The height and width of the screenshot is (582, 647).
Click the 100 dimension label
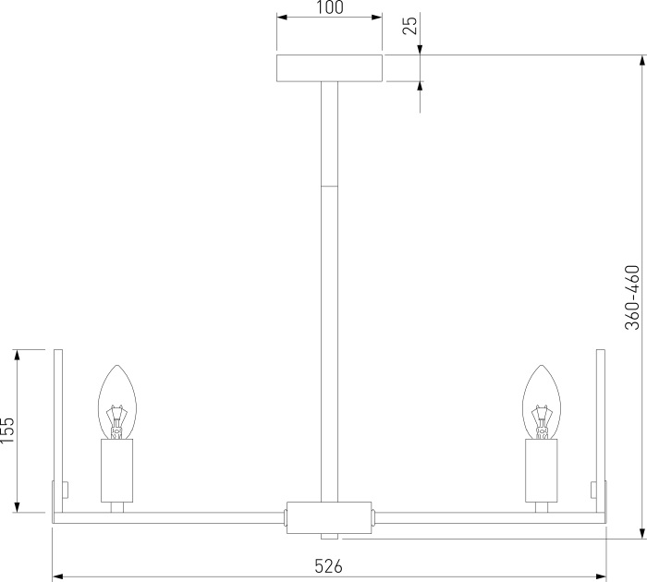[330, 7]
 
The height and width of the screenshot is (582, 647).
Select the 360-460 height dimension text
[631, 297]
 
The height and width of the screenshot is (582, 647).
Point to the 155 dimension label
[7, 430]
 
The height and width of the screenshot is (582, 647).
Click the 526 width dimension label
[328, 566]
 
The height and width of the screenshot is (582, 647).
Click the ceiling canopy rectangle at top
[330, 68]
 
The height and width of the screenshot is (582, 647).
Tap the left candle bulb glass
[116, 402]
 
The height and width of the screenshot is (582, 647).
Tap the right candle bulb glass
[542, 402]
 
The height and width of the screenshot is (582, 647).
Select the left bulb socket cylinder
[116, 470]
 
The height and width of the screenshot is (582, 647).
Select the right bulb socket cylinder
[542, 470]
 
